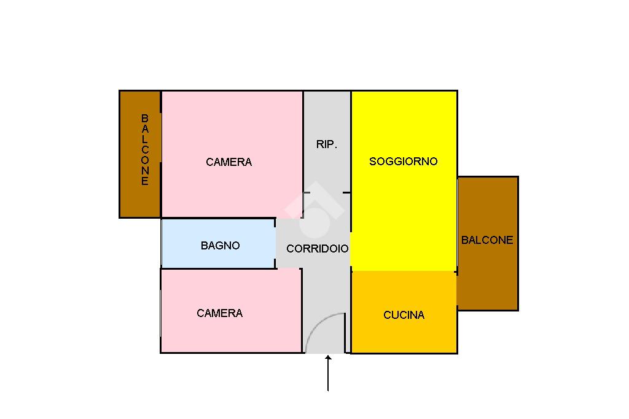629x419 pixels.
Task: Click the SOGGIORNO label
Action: [403, 162]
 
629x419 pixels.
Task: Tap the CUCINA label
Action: [404, 315]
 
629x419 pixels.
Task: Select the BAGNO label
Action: [220, 246]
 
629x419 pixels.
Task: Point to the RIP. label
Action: [327, 145]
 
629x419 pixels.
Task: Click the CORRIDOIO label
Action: [317, 249]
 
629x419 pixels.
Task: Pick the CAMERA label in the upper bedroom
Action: [229, 162]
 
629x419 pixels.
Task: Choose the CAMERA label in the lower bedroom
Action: [219, 313]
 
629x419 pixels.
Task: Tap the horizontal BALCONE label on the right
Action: [487, 240]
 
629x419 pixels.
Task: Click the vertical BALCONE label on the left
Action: [145, 150]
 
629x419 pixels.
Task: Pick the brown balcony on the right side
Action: [488, 276]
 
